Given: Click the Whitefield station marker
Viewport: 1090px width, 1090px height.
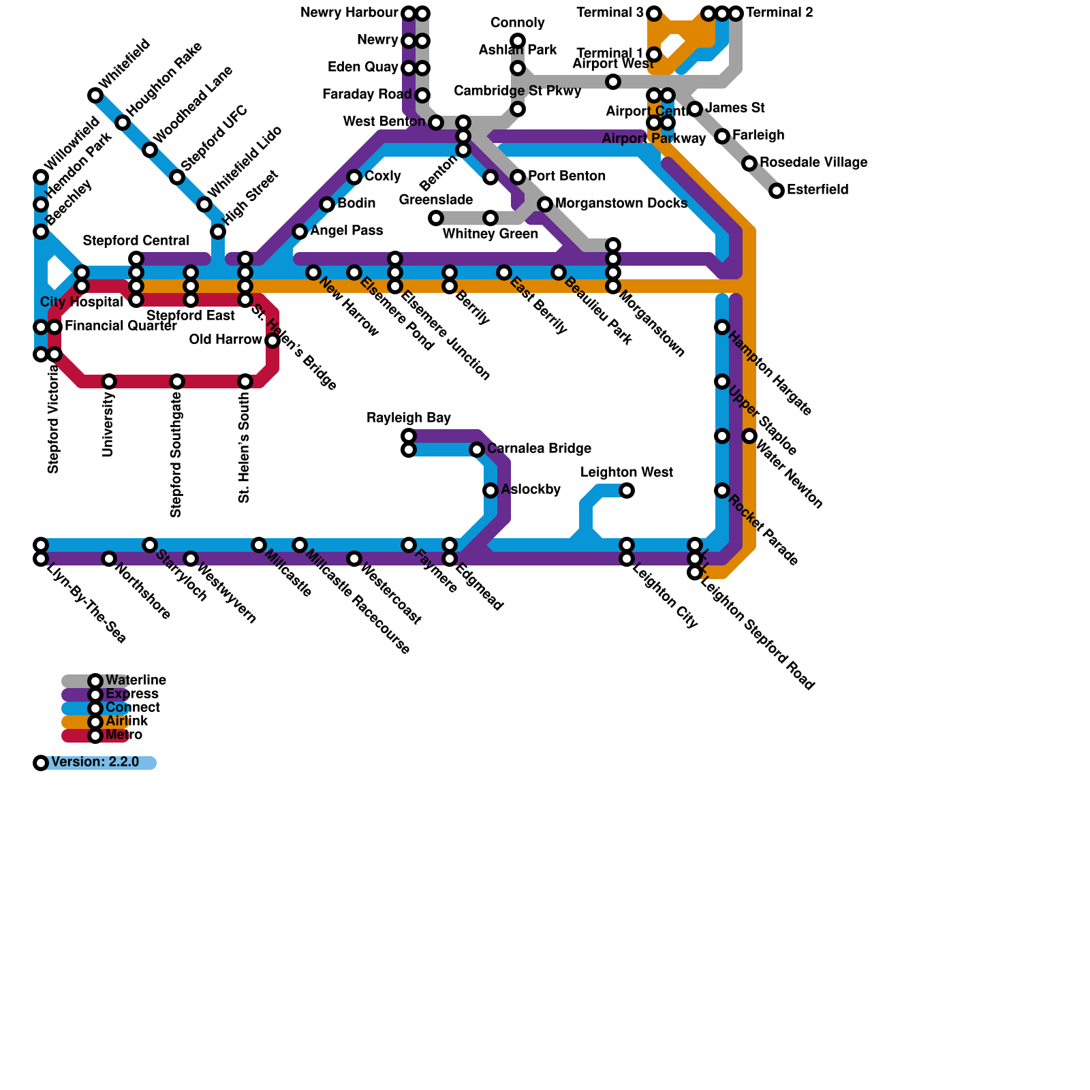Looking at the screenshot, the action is tap(95, 95).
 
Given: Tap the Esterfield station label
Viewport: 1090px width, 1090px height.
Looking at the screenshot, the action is tap(817, 190).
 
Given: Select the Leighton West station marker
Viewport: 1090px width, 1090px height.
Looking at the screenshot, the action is tap(627, 490).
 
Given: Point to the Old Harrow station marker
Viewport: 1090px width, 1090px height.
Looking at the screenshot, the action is tap(272, 341).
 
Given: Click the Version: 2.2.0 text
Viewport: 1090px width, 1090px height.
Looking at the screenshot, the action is tap(95, 762).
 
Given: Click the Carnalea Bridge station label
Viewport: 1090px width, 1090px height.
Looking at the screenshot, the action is tap(539, 449).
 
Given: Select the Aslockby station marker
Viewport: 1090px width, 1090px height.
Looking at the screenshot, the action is tap(490, 490).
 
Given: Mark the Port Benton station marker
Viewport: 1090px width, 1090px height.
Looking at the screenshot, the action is tap(518, 177).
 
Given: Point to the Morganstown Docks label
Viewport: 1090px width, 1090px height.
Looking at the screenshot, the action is tap(621, 204).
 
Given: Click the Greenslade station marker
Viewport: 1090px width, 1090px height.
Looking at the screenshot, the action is tap(436, 218).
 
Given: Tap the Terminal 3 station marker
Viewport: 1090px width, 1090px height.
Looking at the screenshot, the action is tap(654, 14).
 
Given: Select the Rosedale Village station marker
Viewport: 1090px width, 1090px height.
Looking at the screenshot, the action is tap(749, 163).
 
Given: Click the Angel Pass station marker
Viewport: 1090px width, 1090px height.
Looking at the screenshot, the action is tap(300, 232).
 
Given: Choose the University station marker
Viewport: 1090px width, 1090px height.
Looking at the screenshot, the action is tap(109, 381).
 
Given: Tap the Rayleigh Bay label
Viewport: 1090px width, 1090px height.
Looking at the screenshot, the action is tap(409, 418).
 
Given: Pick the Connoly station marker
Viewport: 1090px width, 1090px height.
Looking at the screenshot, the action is tap(518, 41).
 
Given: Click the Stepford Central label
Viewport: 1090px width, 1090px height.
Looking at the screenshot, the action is tap(136, 241).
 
